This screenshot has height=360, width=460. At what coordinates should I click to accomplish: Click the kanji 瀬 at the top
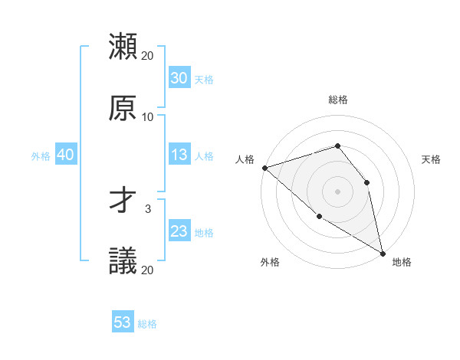click(x=123, y=47)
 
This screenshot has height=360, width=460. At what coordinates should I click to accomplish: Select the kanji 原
click(x=123, y=108)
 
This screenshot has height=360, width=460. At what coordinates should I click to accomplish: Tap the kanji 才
click(x=123, y=200)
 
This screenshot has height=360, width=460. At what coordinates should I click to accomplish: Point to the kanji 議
click(x=123, y=261)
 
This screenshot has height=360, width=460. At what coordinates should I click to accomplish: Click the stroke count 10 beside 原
click(x=148, y=117)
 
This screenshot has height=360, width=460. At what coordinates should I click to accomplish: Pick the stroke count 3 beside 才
click(x=148, y=208)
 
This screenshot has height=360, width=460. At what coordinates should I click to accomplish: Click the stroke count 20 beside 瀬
click(x=148, y=56)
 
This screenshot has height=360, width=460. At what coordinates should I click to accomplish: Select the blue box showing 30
click(x=179, y=78)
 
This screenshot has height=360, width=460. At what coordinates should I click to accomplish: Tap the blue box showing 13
click(x=179, y=155)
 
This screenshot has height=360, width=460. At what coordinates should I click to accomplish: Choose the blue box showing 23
click(x=179, y=231)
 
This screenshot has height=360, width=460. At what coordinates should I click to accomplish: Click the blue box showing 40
click(x=65, y=155)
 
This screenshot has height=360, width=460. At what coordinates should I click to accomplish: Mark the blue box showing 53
click(x=123, y=322)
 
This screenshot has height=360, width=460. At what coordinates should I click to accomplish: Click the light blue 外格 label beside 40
click(x=41, y=155)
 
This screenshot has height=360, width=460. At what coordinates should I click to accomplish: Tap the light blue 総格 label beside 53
click(x=147, y=323)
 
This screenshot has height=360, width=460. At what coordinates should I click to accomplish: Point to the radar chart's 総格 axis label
click(x=338, y=100)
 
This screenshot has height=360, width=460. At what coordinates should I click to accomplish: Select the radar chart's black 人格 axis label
click(x=245, y=159)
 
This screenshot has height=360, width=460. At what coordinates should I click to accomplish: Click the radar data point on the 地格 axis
click(x=383, y=252)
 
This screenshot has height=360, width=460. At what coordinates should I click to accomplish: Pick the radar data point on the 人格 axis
click(x=264, y=168)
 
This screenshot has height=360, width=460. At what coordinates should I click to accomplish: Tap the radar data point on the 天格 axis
click(x=366, y=182)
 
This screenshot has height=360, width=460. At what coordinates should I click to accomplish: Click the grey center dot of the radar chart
click(x=337, y=191)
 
